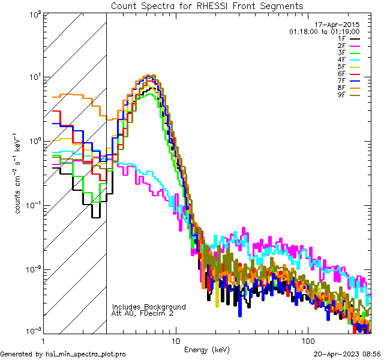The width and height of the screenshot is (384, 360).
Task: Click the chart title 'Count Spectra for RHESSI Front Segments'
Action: pos(206,5)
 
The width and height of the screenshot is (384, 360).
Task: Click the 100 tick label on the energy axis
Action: pos(307,341)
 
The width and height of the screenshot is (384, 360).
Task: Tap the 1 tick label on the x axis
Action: pos(41,341)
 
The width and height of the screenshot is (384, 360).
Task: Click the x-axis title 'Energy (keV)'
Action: pos(206,349)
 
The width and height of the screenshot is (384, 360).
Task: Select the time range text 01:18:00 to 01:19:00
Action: pos(324,31)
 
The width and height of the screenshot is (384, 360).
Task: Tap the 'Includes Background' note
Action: pos(149,307)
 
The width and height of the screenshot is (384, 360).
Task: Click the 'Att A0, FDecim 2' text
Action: pos(143,313)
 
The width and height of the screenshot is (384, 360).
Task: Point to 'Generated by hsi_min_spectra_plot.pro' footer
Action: pos(63,355)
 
